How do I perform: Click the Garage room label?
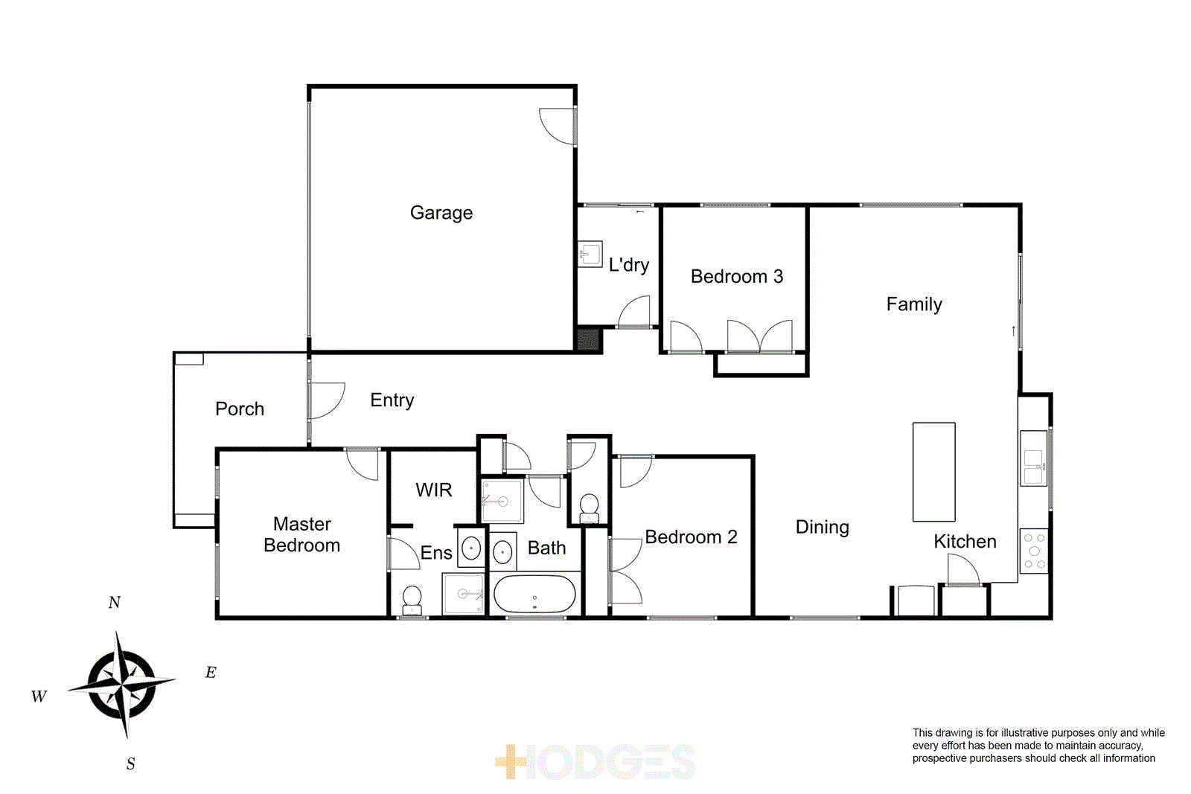[441, 213]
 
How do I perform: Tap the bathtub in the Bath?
[534, 594]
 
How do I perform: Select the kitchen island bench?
[933, 472]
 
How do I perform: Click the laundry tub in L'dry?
[590, 254]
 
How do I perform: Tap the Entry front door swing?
[326, 400]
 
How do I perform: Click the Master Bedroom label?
[301, 534]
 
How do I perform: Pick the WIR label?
[433, 490]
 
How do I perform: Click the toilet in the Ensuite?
[412, 600]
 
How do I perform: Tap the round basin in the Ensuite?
[471, 549]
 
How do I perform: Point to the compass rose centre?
[121, 683]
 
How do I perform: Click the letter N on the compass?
[114, 602]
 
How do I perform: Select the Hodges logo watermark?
[595, 762]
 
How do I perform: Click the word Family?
[913, 304]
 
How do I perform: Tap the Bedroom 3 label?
[736, 277]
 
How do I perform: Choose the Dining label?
[822, 527]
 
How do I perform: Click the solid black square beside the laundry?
[588, 339]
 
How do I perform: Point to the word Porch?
[240, 409]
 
